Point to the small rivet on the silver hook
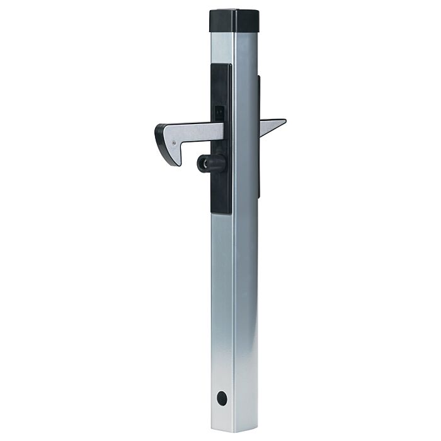173,142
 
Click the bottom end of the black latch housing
219,211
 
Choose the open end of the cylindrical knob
202,164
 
